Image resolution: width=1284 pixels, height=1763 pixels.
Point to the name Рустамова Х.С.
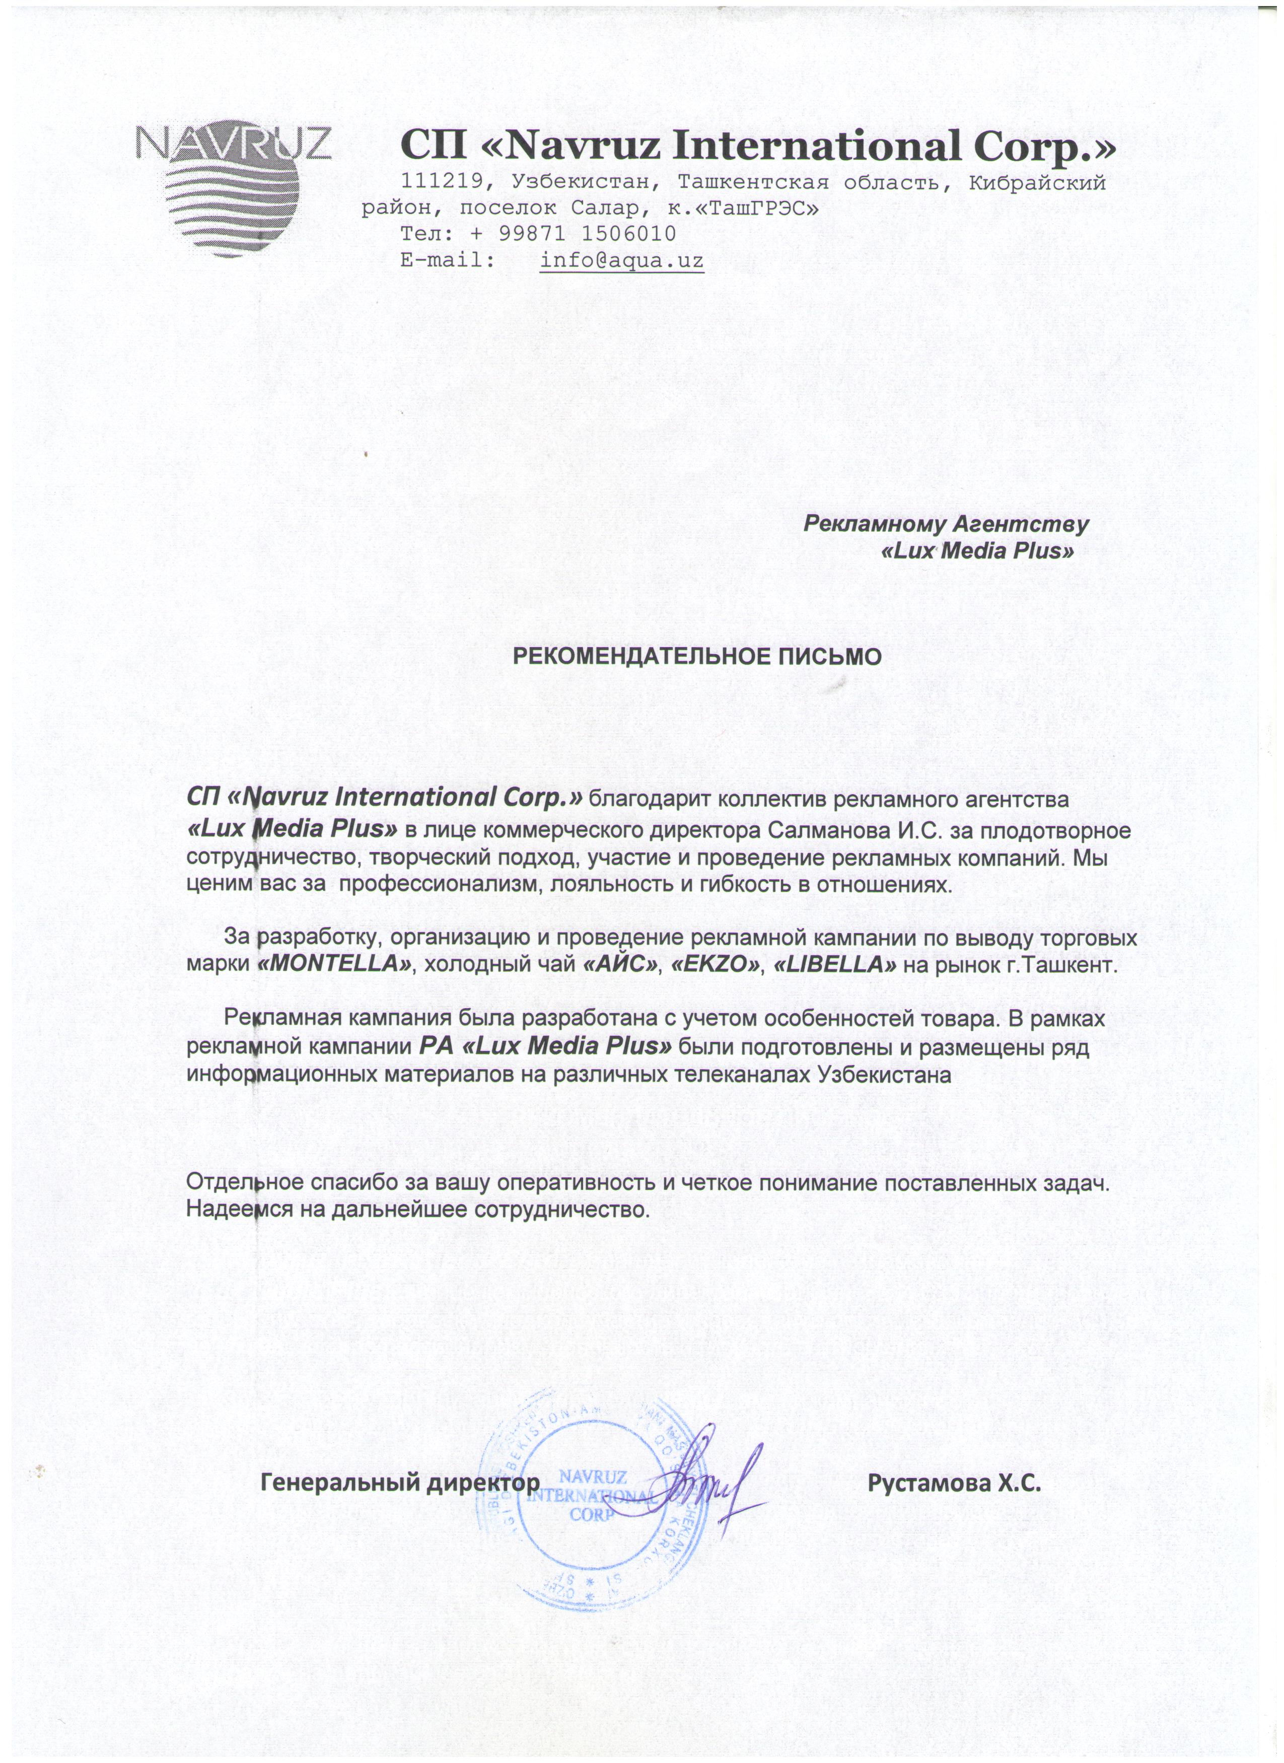coord(954,1483)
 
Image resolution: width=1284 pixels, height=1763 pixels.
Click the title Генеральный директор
coord(399,1483)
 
